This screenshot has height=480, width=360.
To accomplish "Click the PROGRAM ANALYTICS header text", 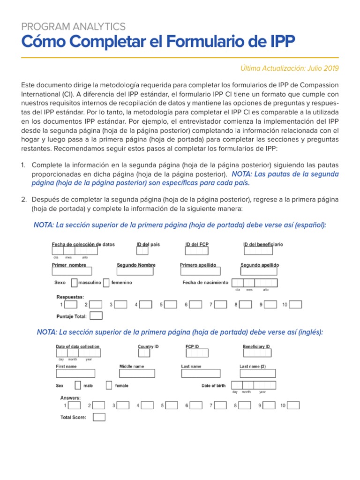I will coord(73,27).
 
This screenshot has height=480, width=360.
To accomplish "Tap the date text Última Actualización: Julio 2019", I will coord(289,68).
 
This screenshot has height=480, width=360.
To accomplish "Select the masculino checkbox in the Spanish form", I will coord(74,283).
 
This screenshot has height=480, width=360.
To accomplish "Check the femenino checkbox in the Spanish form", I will coord(106,283).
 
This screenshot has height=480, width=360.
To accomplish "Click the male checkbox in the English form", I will coord(77,385).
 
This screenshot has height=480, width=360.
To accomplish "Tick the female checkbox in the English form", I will coord(109,385).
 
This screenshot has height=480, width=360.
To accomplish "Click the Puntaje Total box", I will coord(96,316).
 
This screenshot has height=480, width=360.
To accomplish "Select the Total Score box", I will coord(99,417).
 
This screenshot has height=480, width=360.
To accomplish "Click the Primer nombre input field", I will coord(72,271).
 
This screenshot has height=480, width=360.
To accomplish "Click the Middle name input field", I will coord(136,373).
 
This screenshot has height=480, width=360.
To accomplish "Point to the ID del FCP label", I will coord(198,245).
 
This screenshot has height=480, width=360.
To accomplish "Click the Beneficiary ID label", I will coord(256,347).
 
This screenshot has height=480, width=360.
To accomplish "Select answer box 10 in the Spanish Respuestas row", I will coord(295,305).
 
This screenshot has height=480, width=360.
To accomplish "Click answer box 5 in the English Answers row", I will coord(172,405).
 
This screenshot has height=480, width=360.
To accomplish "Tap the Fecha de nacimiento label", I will coord(205,283).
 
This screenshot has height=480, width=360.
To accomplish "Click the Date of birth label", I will coord(213,386).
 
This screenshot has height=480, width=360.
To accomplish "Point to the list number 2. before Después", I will coord(24,200).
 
